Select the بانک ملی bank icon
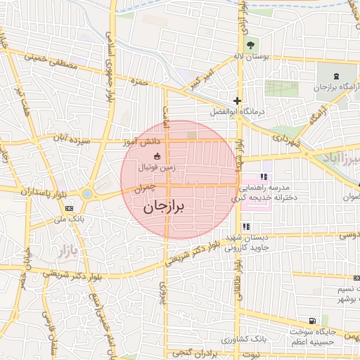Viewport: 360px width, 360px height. pos(70,209)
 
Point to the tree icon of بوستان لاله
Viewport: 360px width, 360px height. pos(251,46)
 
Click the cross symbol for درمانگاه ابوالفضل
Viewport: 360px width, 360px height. pos(238,101)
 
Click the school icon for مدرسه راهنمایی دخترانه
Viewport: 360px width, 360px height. pos(264,177)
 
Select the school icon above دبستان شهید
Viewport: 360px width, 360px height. pos(246,227)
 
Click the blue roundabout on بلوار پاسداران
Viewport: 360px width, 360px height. pos(87,193)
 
